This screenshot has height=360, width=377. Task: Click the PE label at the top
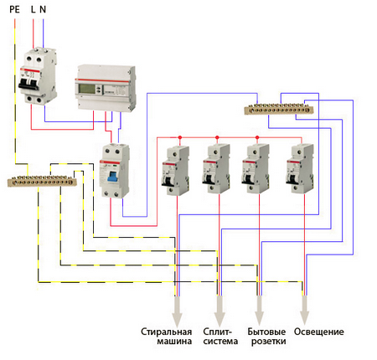coord(14,9)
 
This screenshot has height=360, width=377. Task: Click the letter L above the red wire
coord(33,9)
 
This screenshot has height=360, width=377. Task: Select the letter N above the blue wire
coord(43,9)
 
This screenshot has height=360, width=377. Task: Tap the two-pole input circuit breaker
coord(38,76)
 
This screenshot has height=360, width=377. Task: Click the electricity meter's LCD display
coord(86,89)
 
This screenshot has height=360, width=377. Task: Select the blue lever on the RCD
coord(112,177)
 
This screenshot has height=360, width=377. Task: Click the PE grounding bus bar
coord(42,181)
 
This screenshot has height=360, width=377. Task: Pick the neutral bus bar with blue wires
coord(279,109)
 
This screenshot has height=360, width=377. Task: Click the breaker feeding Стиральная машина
coord(175,170)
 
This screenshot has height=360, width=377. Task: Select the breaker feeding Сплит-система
coord(216,168)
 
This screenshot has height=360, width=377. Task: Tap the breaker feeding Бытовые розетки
coord(256,168)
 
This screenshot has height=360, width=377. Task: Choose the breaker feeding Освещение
coord(300,168)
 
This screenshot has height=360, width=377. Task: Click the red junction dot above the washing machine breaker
coord(180,137)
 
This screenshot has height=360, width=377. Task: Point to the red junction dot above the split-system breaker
coord(217,137)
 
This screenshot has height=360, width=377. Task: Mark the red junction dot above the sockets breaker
coord(257,137)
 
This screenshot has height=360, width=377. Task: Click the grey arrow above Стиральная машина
coord(177,311)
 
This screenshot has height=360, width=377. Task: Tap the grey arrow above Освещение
coord(304,310)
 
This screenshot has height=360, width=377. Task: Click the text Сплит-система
coord(220,337)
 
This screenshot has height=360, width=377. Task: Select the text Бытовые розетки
coord(266,337)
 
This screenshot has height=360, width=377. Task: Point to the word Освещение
coord(319,332)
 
